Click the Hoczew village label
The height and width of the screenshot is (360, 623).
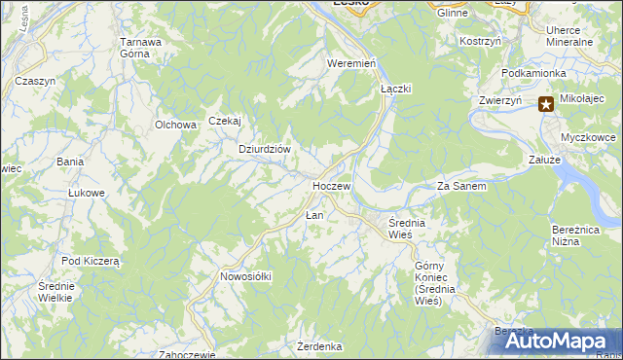tap(331, 185)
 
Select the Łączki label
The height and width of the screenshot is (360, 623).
tap(396, 88)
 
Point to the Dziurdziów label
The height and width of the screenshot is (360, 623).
tap(266, 149)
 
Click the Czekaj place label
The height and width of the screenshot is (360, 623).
tap(224, 121)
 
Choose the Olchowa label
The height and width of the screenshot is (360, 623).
tap(176, 125)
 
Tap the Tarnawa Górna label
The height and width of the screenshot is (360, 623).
tap(140, 48)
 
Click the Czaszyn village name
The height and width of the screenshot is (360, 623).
tap(35, 81)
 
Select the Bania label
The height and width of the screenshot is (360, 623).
tap(69, 161)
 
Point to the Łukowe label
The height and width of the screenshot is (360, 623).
tap(86, 193)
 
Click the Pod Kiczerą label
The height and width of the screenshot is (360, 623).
tap(90, 261)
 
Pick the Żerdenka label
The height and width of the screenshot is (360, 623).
tap(320, 346)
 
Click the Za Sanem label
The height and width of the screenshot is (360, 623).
tap(461, 186)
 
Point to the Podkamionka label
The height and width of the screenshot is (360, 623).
tap(534, 73)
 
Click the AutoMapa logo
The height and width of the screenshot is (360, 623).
tap(558, 341)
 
